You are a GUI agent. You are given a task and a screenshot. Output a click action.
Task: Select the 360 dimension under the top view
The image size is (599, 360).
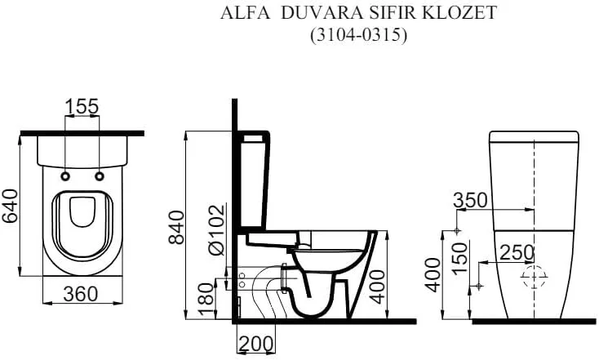(82, 294)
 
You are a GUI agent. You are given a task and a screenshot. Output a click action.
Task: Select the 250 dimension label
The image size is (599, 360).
(517, 252)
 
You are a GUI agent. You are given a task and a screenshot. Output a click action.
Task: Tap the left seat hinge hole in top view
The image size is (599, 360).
(64, 176)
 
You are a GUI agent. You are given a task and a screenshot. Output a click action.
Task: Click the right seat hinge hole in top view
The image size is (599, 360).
(100, 176)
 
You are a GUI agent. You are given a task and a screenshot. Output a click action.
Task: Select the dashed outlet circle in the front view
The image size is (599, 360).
(534, 278)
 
